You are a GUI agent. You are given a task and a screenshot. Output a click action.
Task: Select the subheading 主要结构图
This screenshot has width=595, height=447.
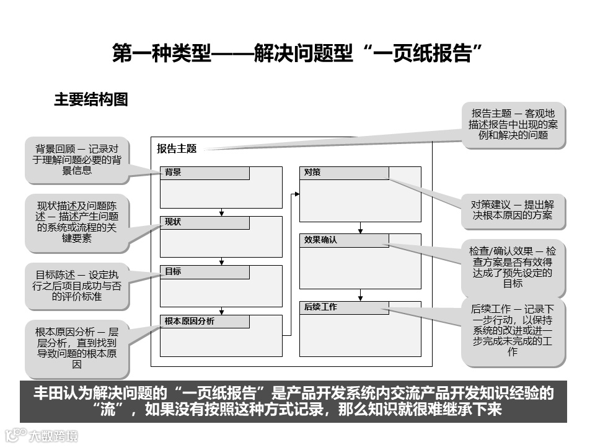pyautogui.click(x=90, y=99)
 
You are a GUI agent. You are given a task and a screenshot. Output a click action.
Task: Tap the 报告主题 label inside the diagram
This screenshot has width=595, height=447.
pyautogui.click(x=177, y=148)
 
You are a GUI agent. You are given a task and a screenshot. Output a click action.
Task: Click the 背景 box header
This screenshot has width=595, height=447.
pyautogui.click(x=205, y=173)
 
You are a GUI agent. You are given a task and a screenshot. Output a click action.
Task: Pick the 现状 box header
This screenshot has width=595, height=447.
pyautogui.click(x=205, y=222)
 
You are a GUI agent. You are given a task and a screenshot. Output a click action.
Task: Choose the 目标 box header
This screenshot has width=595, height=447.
pyautogui.click(x=205, y=272)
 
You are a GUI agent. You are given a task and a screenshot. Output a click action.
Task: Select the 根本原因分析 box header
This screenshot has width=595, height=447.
pyautogui.click(x=205, y=322)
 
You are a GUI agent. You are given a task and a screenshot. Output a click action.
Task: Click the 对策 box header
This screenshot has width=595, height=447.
pyautogui.click(x=344, y=173)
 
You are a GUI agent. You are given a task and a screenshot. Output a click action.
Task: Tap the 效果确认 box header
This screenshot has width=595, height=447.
pyautogui.click(x=344, y=240)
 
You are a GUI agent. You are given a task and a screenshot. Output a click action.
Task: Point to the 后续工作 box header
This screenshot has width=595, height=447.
pyautogui.click(x=344, y=307)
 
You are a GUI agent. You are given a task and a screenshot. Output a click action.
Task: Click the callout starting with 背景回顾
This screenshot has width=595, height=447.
pyautogui.click(x=77, y=160)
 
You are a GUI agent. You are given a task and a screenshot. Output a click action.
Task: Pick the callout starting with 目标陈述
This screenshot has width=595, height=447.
pyautogui.click(x=77, y=286)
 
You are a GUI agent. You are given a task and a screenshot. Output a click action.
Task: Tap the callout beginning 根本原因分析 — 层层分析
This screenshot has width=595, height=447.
pyautogui.click(x=77, y=348)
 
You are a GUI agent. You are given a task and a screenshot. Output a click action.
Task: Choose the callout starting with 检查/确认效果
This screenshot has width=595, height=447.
pyautogui.click(x=512, y=268)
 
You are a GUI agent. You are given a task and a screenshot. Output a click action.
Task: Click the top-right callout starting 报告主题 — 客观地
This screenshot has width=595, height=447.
pyautogui.click(x=513, y=124)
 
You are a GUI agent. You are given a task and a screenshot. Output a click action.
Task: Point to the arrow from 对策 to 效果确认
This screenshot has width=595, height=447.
pyautogui.click(x=360, y=227)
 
